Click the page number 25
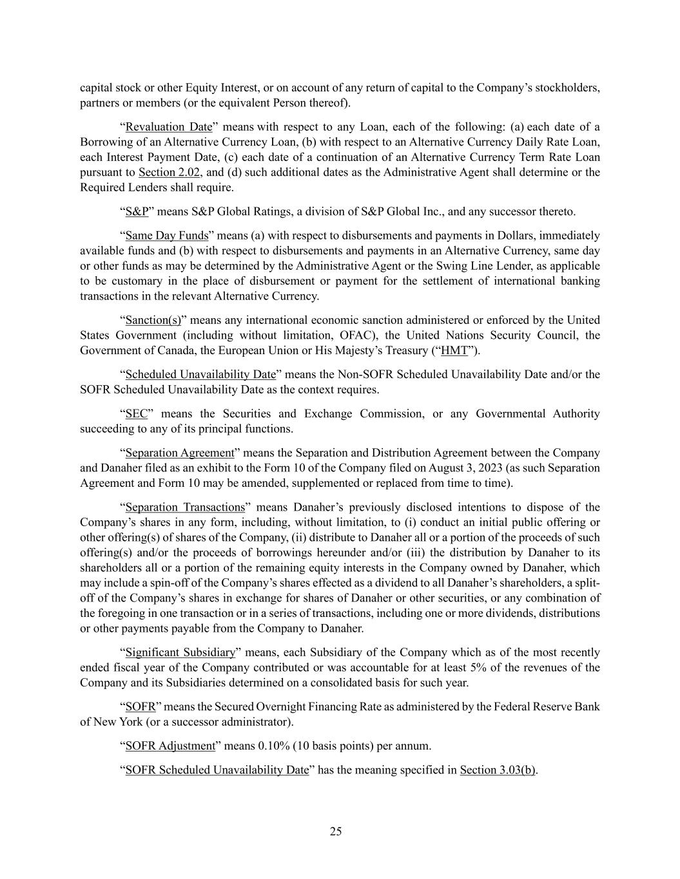click(336, 831)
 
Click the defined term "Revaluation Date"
click(169, 127)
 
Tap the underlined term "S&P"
click(137, 212)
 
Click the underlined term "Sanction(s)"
click(153, 320)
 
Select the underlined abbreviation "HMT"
click(454, 350)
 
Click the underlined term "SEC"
click(137, 413)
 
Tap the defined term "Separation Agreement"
click(179, 453)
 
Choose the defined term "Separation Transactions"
click(185, 507)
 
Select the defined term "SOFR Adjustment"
click(170, 746)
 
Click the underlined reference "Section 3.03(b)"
click(498, 770)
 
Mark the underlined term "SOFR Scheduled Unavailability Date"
click(217, 770)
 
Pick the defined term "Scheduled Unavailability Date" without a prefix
click(200, 374)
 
